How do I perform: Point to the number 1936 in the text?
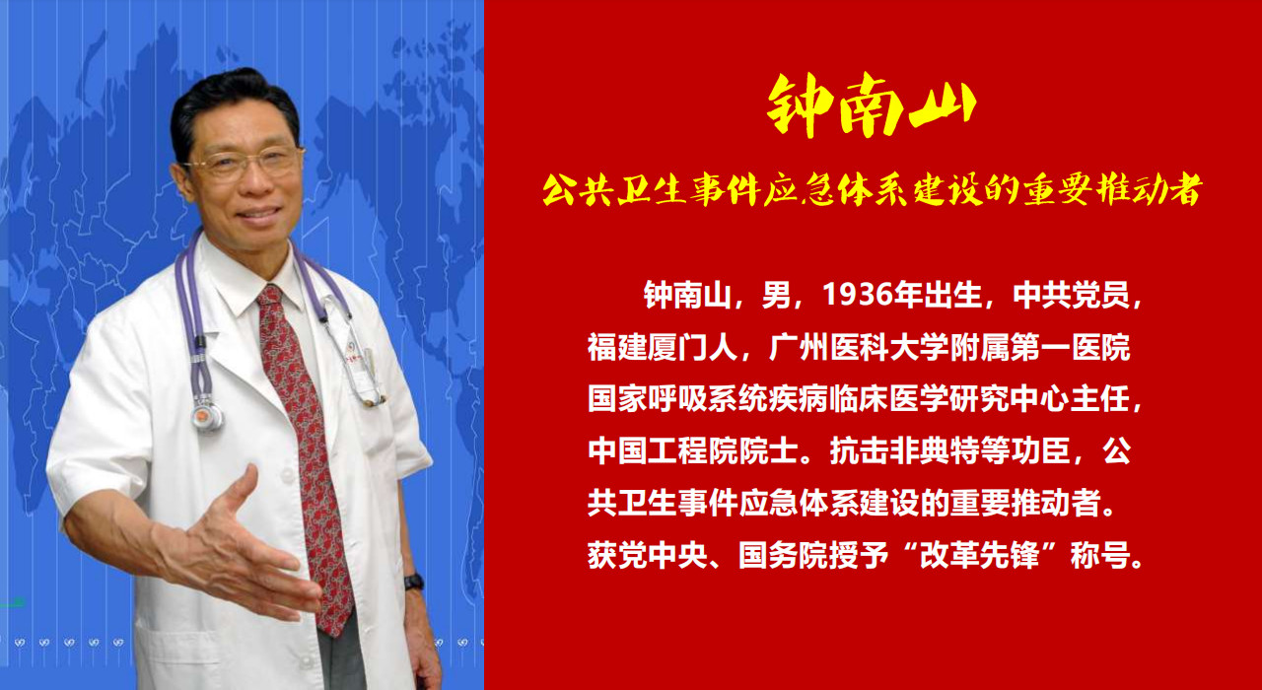[858, 294]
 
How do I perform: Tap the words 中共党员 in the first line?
[1071, 295]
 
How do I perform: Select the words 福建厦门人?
[663, 347]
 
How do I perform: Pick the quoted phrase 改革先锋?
[979, 555]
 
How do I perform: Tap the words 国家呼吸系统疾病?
[708, 399]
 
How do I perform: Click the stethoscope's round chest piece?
[207, 416]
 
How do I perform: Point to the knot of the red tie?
[270, 297]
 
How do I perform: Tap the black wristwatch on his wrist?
[414, 582]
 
